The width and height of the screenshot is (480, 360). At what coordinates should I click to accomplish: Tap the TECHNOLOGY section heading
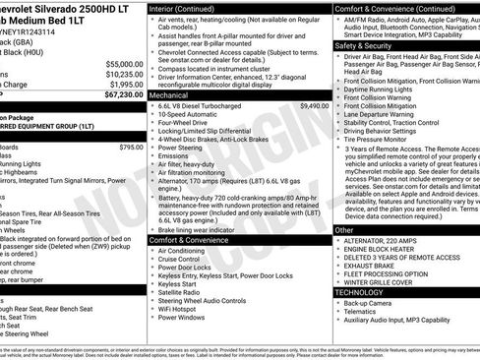[359, 292]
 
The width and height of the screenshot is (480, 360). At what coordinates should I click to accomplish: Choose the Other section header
[344, 230]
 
